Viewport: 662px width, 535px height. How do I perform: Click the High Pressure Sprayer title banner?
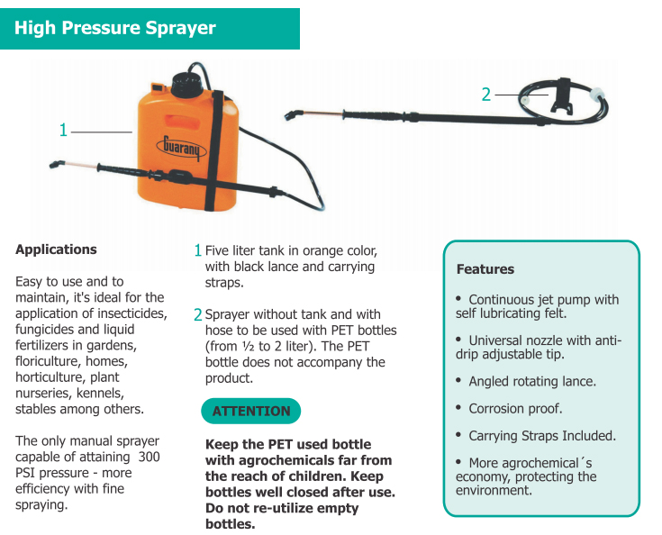(115, 28)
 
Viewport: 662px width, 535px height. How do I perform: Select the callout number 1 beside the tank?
(63, 131)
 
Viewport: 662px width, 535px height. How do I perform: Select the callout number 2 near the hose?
(486, 94)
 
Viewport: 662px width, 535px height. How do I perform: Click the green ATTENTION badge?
(250, 412)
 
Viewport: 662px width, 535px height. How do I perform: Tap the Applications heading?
(56, 249)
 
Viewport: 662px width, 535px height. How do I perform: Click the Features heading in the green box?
(485, 269)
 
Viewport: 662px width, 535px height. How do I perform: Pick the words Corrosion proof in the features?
(515, 408)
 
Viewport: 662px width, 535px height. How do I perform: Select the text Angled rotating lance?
(531, 381)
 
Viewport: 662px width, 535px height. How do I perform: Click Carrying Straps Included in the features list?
(541, 435)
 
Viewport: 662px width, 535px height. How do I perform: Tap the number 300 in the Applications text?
(150, 457)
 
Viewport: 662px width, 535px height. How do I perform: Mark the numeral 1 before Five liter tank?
(198, 250)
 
